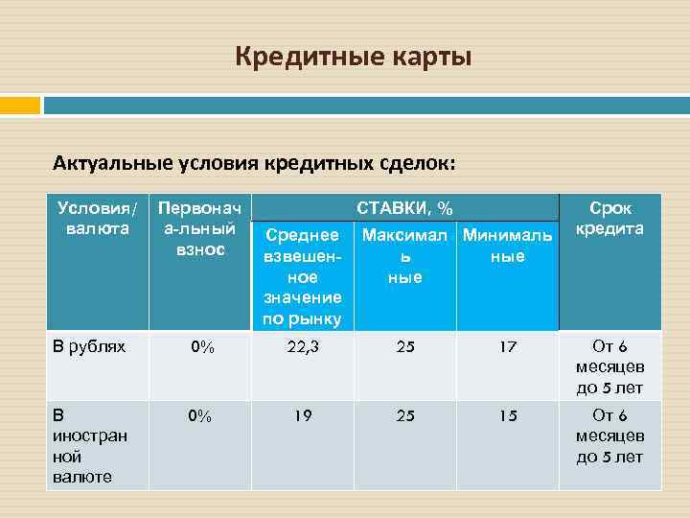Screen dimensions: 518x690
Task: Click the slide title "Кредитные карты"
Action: coord(354,59)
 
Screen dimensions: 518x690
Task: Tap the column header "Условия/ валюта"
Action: coord(97,218)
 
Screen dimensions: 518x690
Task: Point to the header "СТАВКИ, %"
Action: coord(405,208)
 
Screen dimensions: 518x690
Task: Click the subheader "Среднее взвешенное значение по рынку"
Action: coord(302,276)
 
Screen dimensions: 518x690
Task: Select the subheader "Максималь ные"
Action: coord(405,256)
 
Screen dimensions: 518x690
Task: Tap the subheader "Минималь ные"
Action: coord(507,246)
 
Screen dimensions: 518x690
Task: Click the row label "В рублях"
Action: coord(89,346)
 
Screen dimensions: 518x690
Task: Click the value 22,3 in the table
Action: coord(302,347)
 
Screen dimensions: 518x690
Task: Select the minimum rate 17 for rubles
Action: coord(507,347)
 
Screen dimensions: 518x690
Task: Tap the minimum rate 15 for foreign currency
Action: coord(507,416)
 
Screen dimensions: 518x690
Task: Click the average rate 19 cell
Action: coord(302,416)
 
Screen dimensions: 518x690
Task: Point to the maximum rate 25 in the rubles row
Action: coord(405,347)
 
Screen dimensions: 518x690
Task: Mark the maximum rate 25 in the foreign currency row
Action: coord(405,416)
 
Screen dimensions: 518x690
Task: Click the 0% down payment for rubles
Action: coord(200,347)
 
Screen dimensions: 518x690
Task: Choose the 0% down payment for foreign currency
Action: coord(200,416)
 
